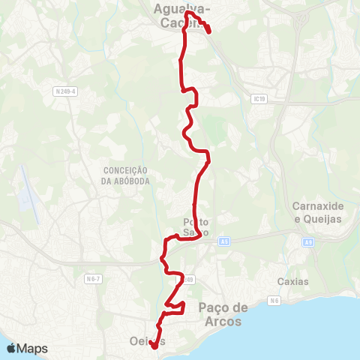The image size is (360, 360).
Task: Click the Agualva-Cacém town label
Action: tap(181, 16)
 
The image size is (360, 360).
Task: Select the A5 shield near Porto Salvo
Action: tap(224, 241)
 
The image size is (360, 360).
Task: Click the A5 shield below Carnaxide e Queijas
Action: tap(308, 242)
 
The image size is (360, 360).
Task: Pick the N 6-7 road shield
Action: tap(93, 279)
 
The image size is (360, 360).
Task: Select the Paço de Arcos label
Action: tap(223, 313)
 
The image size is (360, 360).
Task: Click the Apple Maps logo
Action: tap(26, 348)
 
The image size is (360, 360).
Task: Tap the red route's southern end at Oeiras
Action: tap(153, 346)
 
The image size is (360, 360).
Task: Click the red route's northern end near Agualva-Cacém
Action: tap(208, 31)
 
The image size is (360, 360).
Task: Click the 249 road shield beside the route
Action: tap(188, 280)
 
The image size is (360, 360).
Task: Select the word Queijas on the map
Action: tap(317, 217)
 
